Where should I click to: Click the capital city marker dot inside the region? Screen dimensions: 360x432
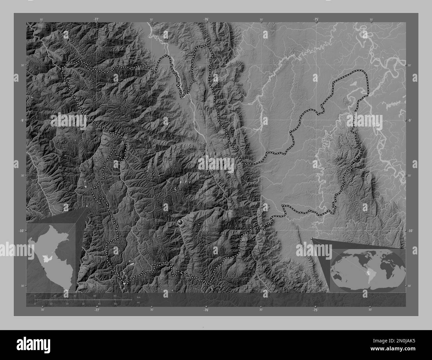pos(180,222)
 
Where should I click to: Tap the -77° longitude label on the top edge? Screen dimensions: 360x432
pos(96,20)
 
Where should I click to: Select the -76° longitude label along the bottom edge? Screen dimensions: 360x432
pos(206,310)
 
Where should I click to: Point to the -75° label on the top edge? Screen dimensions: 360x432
pos(316,20)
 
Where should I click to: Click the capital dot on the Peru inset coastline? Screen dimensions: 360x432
pos(43,268)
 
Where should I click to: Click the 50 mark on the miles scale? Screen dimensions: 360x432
pos(115,304)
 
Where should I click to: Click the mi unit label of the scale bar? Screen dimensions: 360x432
pos(138,303)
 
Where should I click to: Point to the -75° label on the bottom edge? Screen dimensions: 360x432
pos(315,310)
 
